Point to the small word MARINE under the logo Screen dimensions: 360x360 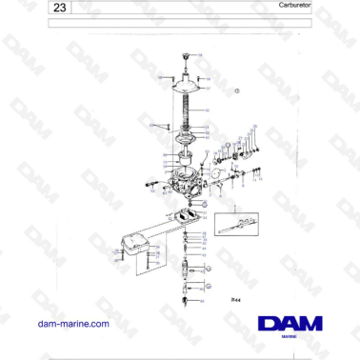coord(294,337)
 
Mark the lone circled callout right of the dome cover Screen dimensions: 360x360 coord(238,92)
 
